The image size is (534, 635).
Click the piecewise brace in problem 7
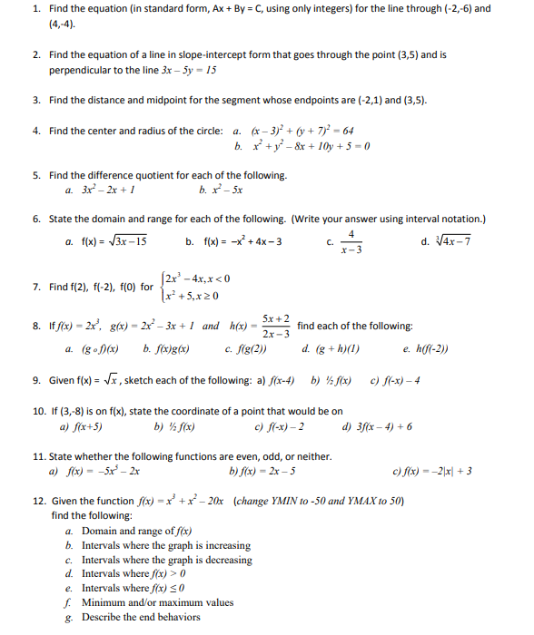click(162, 286)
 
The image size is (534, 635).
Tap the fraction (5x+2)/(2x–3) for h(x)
click(275, 326)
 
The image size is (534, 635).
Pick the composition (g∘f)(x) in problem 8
click(107, 347)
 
